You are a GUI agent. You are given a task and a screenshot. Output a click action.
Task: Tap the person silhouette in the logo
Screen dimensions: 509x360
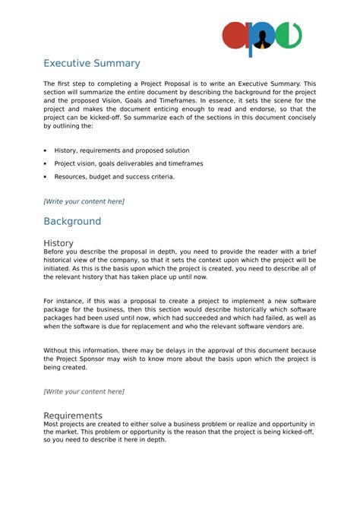263,37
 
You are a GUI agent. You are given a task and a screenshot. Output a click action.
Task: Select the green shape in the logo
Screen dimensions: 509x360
289,36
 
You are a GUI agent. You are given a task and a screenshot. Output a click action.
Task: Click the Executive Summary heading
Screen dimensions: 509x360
91,63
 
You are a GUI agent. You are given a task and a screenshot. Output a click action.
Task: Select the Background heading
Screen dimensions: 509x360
72,221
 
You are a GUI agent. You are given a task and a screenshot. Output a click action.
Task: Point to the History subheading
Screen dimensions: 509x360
58,242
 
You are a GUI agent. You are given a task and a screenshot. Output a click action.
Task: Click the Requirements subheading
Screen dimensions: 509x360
73,416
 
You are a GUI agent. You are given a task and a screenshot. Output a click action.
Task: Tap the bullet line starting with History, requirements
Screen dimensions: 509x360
122,150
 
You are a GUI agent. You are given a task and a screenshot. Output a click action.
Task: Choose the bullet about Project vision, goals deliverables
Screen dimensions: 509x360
128,163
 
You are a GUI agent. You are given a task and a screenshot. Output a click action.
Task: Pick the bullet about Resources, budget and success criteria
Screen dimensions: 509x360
114,176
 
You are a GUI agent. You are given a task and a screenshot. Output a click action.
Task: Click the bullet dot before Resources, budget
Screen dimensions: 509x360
46,176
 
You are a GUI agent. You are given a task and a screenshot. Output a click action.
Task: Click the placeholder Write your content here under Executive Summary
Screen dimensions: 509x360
84,201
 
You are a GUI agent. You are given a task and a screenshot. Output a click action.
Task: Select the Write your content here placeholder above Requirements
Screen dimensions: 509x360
84,391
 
